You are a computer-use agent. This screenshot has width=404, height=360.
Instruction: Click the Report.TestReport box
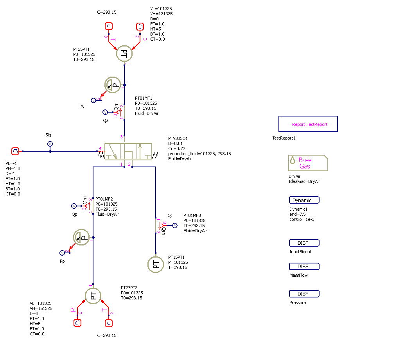pos(308,124)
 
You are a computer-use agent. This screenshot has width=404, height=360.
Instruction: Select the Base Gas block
pos(308,163)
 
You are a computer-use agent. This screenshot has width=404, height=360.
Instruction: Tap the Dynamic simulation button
pos(304,200)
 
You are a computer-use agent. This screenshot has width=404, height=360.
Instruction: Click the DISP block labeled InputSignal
pos(304,243)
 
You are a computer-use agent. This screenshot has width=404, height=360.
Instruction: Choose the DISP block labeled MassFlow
pos(304,267)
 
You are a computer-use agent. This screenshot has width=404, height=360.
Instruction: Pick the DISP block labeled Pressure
pos(304,294)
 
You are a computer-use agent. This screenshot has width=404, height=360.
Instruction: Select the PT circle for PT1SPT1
pos(156,265)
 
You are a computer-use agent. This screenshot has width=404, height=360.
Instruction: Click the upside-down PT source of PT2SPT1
pos(124,54)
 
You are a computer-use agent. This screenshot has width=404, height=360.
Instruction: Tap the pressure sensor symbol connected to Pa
pos(113,85)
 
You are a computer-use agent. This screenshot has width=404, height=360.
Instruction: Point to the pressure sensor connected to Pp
pos(81,237)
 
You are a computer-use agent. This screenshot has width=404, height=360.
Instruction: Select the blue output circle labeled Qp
pos(74,206)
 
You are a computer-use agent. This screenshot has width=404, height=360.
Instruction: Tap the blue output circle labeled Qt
pos(175,225)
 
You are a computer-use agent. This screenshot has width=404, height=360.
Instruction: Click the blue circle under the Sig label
pos(50,144)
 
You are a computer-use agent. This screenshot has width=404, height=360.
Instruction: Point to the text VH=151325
pos(41,308)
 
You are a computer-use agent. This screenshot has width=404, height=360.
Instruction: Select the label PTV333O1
pos(178,138)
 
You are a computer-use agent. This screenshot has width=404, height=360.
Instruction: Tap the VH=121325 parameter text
pos(161,14)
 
